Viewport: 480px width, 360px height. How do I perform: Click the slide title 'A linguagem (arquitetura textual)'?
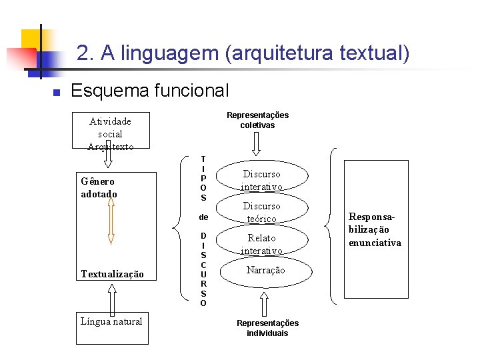point(243,53)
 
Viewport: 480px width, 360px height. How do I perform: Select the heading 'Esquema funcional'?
point(149,90)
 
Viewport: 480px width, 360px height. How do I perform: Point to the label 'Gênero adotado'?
point(99,187)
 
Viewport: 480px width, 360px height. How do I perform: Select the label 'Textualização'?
point(112,274)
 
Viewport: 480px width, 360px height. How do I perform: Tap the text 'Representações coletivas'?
point(257,120)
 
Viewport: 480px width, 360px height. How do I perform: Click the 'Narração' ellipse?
point(265,270)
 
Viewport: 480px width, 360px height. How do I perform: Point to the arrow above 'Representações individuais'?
point(265,304)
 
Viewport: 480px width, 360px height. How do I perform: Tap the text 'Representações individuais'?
point(267,328)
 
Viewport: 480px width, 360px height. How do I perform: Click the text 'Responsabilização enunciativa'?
point(375,229)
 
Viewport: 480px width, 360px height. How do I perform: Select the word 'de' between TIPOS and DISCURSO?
point(203,217)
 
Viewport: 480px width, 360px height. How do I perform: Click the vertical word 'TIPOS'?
point(203,178)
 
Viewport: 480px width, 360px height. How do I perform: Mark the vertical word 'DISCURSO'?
point(203,269)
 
